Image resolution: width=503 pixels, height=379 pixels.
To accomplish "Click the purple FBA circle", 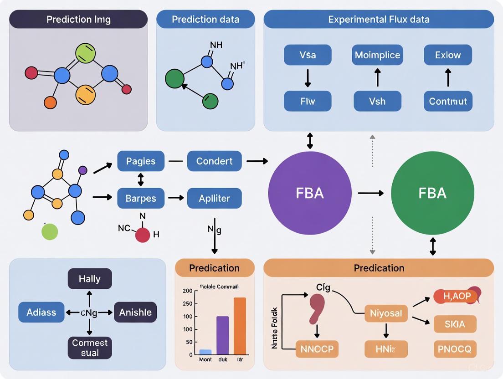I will point(310,193).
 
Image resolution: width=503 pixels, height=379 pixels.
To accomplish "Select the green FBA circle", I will point(432,193).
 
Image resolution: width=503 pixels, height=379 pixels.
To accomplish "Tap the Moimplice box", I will point(377,55).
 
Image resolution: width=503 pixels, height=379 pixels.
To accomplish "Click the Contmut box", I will point(448,101).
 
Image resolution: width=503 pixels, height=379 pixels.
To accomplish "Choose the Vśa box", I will point(308,55).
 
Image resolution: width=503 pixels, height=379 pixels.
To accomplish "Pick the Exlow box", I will point(448,55).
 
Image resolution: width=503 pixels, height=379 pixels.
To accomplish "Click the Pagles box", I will point(141,161).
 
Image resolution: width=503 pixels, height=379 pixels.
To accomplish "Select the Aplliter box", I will point(214,199).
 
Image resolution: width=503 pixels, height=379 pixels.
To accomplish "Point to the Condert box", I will point(214,161).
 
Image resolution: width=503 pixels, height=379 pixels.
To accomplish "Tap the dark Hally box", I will point(89,279).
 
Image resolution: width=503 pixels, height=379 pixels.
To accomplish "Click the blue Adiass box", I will point(41,312).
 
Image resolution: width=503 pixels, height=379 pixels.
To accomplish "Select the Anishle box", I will point(135,312).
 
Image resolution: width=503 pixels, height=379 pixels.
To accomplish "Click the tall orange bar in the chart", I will point(240,326).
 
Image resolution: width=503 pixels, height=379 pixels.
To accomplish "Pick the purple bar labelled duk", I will point(222,335).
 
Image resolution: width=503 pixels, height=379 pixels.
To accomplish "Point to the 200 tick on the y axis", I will point(187,291).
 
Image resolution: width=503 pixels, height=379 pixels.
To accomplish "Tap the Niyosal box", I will point(386,313).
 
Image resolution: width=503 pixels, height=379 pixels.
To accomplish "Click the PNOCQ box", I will point(455,349).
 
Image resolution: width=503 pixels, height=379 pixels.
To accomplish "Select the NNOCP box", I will point(317,349).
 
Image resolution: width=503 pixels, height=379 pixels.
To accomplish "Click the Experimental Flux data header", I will point(379,20).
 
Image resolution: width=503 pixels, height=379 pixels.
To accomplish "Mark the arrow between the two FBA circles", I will point(370,193).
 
